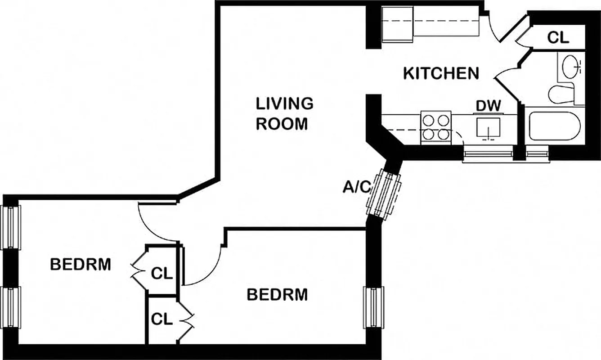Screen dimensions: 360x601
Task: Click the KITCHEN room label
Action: coord(440,73)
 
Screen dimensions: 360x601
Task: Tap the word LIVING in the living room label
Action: coord(284,103)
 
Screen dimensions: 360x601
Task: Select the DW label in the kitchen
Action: coord(489,106)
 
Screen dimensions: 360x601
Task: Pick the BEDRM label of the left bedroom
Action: coord(80,265)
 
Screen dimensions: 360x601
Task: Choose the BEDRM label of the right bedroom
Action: coord(277,295)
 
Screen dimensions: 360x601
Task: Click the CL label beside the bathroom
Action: coord(558,38)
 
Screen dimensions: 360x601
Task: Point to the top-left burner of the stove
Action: coord(429,120)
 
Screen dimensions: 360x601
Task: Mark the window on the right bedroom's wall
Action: coord(373,308)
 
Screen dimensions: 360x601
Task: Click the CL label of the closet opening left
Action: coord(161,273)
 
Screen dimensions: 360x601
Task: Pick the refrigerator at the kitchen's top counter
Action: coord(397,25)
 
